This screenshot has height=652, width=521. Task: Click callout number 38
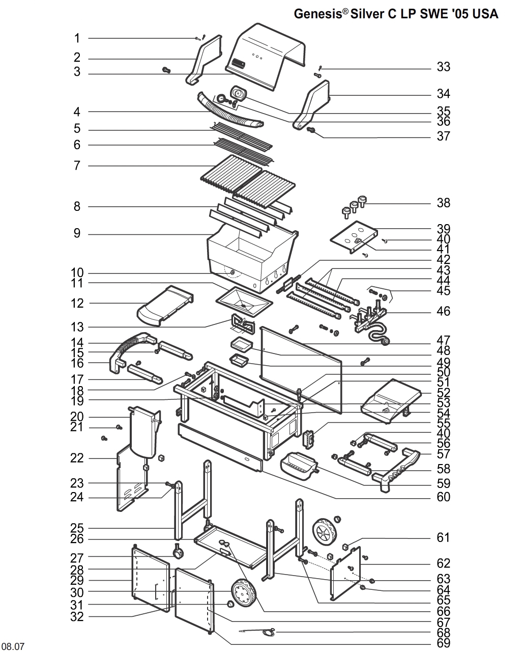pos(443,203)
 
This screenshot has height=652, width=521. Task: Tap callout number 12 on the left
pos(77,303)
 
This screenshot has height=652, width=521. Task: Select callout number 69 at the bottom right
pos(443,643)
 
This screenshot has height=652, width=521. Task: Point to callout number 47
pos(443,340)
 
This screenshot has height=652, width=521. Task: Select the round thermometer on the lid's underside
pos(238,93)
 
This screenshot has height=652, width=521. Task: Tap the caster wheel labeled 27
pos(178,552)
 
